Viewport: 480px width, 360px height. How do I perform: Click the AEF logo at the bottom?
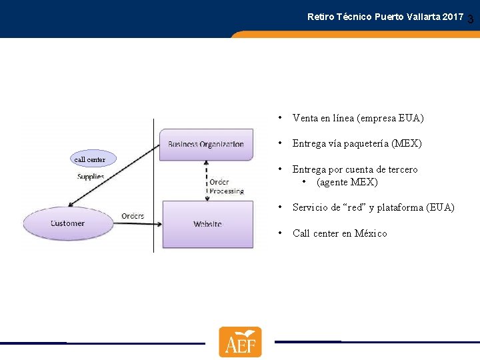point(240,342)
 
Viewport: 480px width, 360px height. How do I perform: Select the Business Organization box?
point(206,144)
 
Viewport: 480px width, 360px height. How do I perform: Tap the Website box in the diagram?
point(208,224)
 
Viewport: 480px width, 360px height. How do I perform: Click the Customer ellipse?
point(67,223)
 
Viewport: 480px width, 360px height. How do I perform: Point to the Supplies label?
point(91,177)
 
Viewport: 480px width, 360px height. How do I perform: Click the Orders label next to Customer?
point(133,216)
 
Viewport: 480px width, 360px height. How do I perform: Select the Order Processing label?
point(226,186)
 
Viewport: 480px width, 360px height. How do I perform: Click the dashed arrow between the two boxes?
point(207,180)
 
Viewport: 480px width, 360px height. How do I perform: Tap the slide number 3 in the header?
point(471,20)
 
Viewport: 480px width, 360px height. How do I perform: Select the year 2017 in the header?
point(451,16)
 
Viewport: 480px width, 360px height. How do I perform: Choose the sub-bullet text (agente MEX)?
point(347,182)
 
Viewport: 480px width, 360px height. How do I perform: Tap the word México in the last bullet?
point(371,233)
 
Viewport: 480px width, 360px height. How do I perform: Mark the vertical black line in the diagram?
point(153,200)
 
